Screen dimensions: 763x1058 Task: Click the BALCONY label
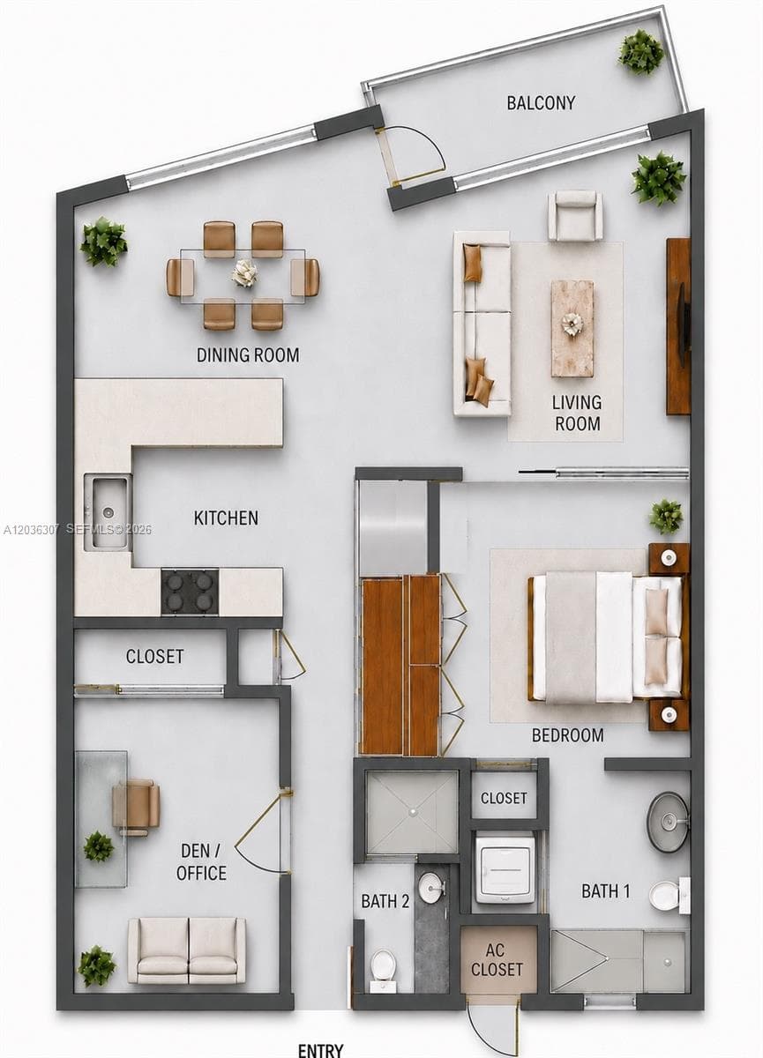[x=541, y=102]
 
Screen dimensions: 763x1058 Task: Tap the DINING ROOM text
[x=248, y=354]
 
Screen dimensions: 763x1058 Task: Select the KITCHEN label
[x=226, y=518]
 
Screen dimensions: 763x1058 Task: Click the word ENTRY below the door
[x=320, y=1050]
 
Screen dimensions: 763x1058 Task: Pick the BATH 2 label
[x=385, y=901]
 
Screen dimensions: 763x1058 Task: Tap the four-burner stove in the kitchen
[x=190, y=592]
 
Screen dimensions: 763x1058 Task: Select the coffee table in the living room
[x=572, y=329]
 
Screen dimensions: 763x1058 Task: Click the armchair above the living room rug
[x=575, y=216]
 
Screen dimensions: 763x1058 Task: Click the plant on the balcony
[x=641, y=52]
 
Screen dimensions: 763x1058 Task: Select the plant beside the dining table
[x=104, y=242]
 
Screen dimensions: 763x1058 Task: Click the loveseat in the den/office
[x=187, y=955]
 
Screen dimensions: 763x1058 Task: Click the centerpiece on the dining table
[x=244, y=273]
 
